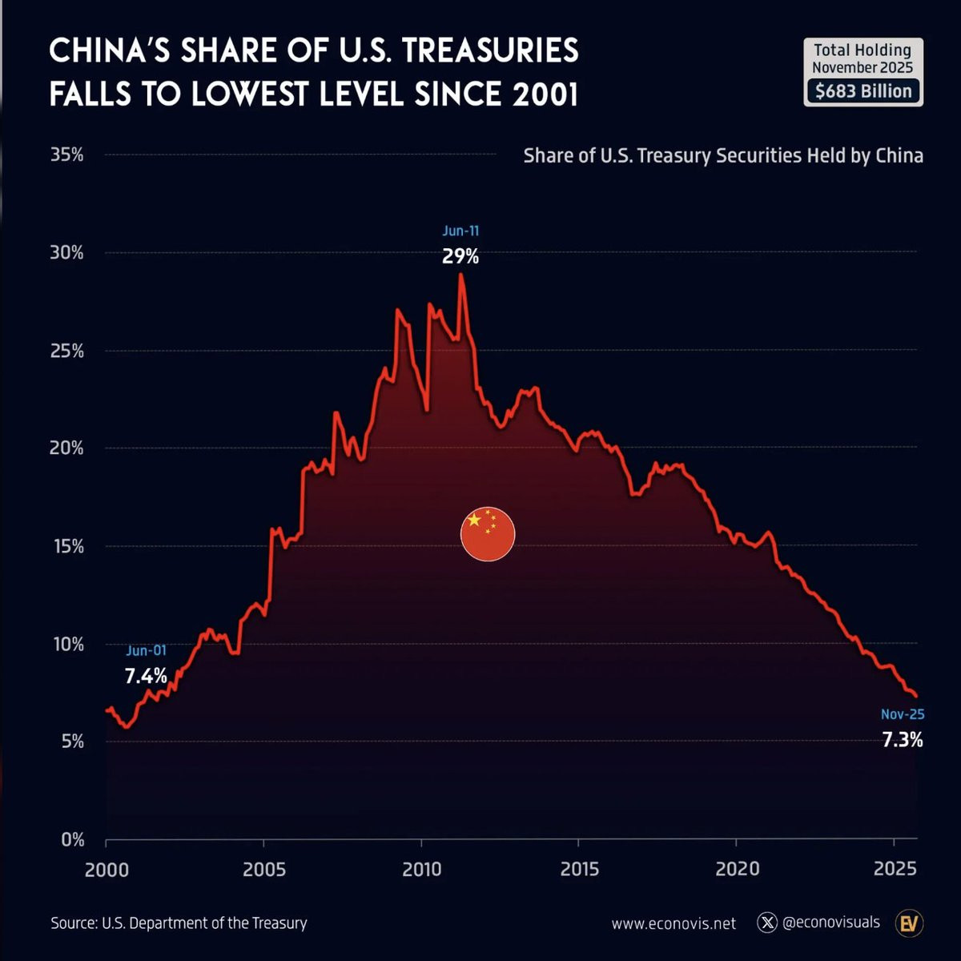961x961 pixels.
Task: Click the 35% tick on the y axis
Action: point(67,155)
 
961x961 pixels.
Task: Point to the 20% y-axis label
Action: point(67,448)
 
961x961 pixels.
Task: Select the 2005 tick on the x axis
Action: point(264,870)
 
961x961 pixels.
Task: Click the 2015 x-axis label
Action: point(580,870)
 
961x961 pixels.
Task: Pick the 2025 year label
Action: point(895,870)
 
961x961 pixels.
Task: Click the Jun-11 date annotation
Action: point(460,231)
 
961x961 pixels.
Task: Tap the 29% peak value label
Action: point(460,256)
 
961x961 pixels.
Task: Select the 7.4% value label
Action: point(146,676)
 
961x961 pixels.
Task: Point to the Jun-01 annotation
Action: point(146,650)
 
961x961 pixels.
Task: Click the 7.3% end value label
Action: point(903,740)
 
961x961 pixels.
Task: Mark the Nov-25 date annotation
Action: point(903,714)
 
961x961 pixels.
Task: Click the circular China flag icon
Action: point(488,534)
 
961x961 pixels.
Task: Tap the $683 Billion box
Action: point(863,91)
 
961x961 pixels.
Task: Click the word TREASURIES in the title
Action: point(490,51)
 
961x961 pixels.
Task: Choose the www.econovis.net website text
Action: point(674,923)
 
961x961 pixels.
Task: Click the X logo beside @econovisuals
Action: point(767,923)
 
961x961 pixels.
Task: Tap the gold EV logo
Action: point(909,923)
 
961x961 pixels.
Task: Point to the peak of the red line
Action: point(460,275)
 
